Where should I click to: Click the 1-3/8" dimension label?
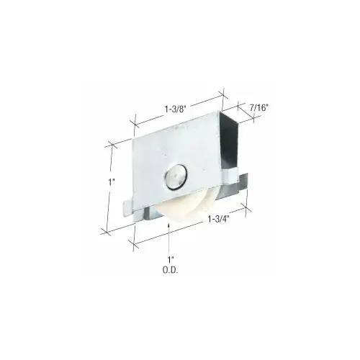click(176, 109)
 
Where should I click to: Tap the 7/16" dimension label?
click(258, 108)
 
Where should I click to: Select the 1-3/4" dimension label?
click(218, 219)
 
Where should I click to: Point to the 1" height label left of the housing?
click(110, 182)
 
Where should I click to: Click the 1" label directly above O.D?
click(170, 259)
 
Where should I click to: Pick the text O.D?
click(171, 271)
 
